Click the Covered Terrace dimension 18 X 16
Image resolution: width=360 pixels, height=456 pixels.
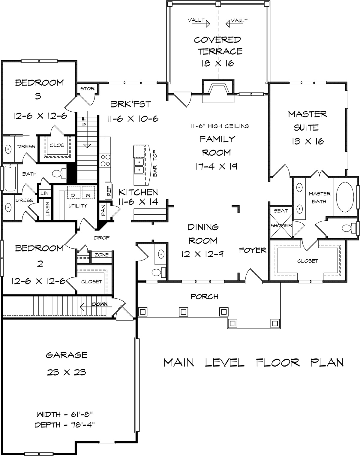pos(218,63)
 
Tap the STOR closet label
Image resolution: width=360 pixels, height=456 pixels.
pos(88,89)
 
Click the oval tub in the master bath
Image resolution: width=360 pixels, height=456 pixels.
pos(345,197)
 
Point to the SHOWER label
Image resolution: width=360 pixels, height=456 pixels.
pos(281,225)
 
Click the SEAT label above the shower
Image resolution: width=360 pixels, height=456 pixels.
pos(281,211)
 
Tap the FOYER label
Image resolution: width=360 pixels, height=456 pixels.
pos(253,250)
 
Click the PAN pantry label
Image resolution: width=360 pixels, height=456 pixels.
pos(103,211)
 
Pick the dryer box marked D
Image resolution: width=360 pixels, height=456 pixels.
pos(74,192)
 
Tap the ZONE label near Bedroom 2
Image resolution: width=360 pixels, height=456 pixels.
pos(102,255)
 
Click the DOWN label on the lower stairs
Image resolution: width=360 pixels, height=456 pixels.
pos(100,304)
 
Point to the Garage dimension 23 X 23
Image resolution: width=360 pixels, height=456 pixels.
pos(67,372)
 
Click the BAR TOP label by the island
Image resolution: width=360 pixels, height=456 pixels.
pos(155,163)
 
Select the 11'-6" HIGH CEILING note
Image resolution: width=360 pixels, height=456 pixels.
pos(220,126)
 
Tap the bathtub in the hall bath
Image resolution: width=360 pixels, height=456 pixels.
pos(10,178)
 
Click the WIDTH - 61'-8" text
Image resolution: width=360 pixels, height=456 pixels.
pos(65,414)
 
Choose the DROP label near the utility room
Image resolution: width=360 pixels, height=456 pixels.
pos(102,238)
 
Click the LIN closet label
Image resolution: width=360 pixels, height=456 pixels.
pos(44,193)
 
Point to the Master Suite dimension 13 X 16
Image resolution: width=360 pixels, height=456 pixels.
pos(308,141)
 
